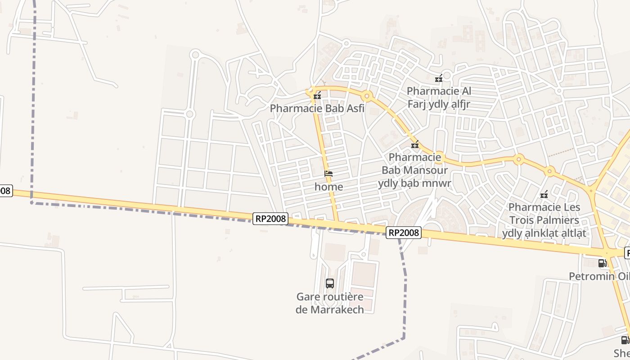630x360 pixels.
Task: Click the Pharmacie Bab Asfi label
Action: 317,108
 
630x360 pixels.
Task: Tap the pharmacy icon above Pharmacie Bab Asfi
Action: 317,95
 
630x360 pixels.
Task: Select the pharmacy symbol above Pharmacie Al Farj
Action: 439,79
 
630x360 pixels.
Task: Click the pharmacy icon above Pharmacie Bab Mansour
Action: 415,145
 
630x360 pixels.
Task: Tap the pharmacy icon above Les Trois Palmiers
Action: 544,194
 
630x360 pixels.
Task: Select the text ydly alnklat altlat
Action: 544,233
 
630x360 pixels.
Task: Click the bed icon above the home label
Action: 328,174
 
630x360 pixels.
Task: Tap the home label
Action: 328,187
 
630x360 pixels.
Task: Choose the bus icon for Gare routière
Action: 330,283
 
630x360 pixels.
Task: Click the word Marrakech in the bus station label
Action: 337,310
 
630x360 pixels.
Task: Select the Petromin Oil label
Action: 598,276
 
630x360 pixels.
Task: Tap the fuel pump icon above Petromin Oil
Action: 602,263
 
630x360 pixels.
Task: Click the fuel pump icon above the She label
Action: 625,340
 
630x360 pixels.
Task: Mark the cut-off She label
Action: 622,353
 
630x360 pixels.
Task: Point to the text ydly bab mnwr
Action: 414,183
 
